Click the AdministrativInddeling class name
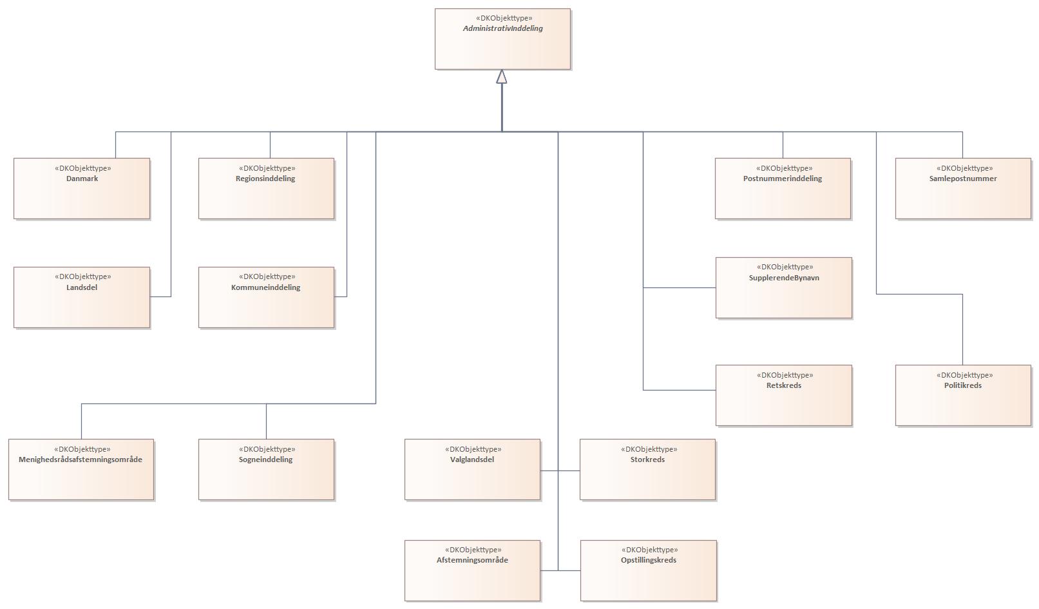[502, 29]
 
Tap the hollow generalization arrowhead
[502, 77]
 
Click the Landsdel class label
[82, 287]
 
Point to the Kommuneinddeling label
[265, 287]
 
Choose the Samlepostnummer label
[963, 179]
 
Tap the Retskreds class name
[783, 385]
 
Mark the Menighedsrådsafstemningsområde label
[81, 459]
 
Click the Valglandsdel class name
[472, 459]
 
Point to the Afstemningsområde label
[472, 560]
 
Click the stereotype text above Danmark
[82, 168]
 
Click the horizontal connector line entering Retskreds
[680, 390]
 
